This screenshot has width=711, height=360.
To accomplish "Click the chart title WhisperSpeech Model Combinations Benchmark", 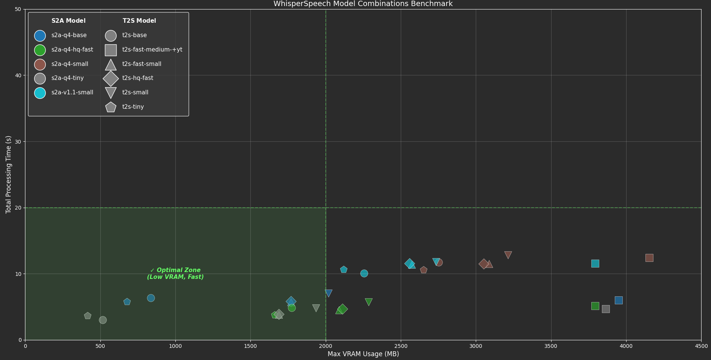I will [x=363, y=4].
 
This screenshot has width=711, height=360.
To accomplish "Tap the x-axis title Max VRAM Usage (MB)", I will [x=363, y=354].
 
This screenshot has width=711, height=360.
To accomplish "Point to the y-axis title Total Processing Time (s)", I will [x=8, y=174].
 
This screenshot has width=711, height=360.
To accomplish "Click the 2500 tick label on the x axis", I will [x=400, y=346].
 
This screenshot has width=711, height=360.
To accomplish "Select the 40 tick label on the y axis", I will [x=18, y=75].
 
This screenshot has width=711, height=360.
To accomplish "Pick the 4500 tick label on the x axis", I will [x=701, y=346].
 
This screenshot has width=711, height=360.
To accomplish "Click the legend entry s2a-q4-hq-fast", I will [x=72, y=50].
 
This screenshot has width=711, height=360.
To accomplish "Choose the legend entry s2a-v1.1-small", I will [x=72, y=92].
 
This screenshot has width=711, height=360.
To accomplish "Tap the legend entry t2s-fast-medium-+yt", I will [x=152, y=50].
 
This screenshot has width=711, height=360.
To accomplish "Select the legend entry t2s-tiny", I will [x=133, y=107].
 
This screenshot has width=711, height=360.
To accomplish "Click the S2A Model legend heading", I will [x=68, y=21].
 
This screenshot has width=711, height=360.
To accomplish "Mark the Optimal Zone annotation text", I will [x=175, y=274].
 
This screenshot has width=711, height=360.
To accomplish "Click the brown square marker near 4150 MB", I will [x=649, y=258].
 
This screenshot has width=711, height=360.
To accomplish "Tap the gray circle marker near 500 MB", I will [x=103, y=320].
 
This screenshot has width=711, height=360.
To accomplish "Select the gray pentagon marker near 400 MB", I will [x=88, y=316].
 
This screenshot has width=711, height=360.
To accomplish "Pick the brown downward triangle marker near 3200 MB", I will [x=508, y=255].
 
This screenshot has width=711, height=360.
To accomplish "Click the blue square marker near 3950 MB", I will [x=619, y=300].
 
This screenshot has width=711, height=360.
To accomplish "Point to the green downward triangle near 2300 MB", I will [x=369, y=302].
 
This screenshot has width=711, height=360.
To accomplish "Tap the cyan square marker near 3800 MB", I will [x=595, y=263].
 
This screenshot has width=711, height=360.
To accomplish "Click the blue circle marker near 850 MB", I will [x=151, y=298].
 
